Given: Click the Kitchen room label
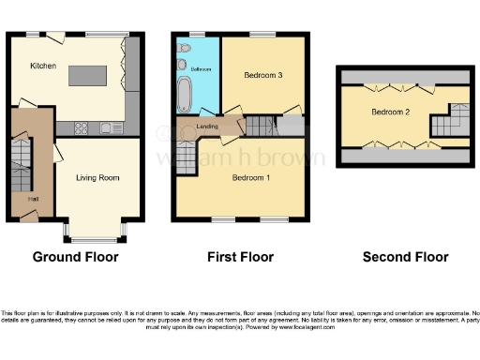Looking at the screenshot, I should (42, 67).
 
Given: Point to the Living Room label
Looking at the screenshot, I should (97, 177).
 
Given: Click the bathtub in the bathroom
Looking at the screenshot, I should (184, 95).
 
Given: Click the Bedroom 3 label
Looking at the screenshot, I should (263, 75).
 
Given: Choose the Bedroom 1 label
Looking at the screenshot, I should (251, 177).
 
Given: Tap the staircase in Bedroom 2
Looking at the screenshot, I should (452, 120).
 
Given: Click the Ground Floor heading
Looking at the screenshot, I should (73, 257).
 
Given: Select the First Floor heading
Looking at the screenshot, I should (240, 257).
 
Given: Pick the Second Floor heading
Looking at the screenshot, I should (406, 257).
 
